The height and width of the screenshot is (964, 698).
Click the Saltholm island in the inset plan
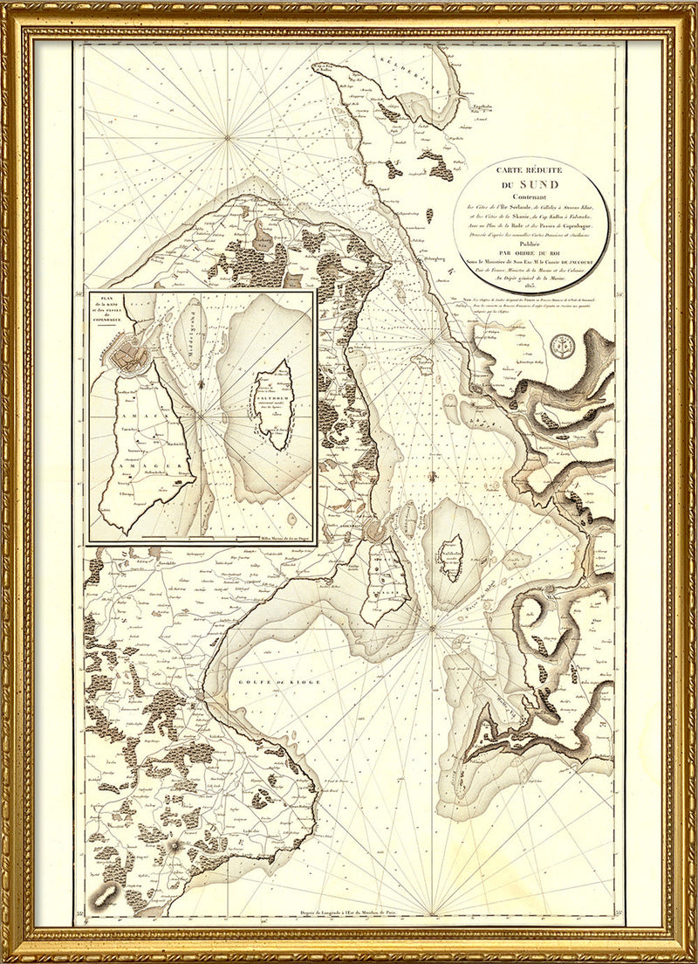274,405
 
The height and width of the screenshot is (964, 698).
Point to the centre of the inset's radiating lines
202,418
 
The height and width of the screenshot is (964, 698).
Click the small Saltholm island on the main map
452,558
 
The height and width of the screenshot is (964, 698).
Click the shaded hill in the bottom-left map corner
108,894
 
